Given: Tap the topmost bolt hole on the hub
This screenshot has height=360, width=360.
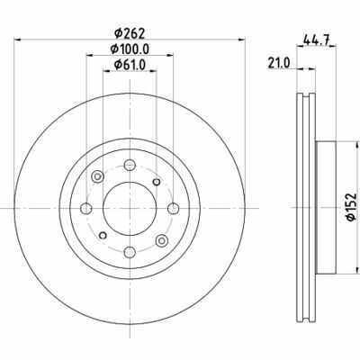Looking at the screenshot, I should pos(129,165).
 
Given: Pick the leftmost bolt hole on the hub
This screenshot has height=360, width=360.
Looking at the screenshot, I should pos(85,209).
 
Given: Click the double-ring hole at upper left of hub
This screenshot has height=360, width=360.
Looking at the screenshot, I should pos(97,178).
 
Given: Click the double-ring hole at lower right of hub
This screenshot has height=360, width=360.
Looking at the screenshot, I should pos(160,240).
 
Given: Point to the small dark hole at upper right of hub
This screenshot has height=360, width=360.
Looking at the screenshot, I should pos(156,182).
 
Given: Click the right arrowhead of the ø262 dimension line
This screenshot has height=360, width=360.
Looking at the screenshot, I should pos(243,38).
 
